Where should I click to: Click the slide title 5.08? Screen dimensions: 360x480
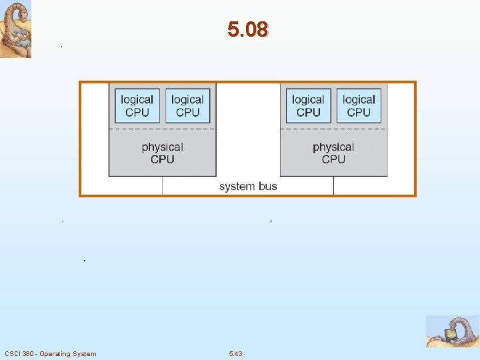tap(247, 30)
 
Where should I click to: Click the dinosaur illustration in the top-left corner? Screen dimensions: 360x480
tap(15, 29)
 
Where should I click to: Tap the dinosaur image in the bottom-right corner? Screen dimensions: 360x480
tap(453, 331)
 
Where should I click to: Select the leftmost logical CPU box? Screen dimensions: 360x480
tap(137, 106)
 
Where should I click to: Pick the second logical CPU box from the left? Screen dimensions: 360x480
tap(187, 106)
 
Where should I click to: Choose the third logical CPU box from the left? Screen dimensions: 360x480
tap(308, 106)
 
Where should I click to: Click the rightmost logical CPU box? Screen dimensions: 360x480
tap(359, 106)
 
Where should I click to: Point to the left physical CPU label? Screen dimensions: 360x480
tap(162, 153)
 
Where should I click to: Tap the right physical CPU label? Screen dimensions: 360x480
tap(333, 153)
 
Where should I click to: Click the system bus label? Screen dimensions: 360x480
tap(248, 187)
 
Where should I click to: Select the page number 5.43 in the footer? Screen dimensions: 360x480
tap(235, 353)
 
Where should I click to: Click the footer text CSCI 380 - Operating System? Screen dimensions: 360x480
tap(50, 353)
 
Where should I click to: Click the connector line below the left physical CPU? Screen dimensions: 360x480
tap(162, 185)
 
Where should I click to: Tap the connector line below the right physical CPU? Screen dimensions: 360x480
tap(333, 185)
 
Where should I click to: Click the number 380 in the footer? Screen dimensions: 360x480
tap(27, 353)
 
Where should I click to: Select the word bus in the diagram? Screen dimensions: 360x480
tap(267, 187)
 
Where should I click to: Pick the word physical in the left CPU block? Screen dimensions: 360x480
tap(162, 147)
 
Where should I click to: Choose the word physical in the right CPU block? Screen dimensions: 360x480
tap(333, 147)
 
